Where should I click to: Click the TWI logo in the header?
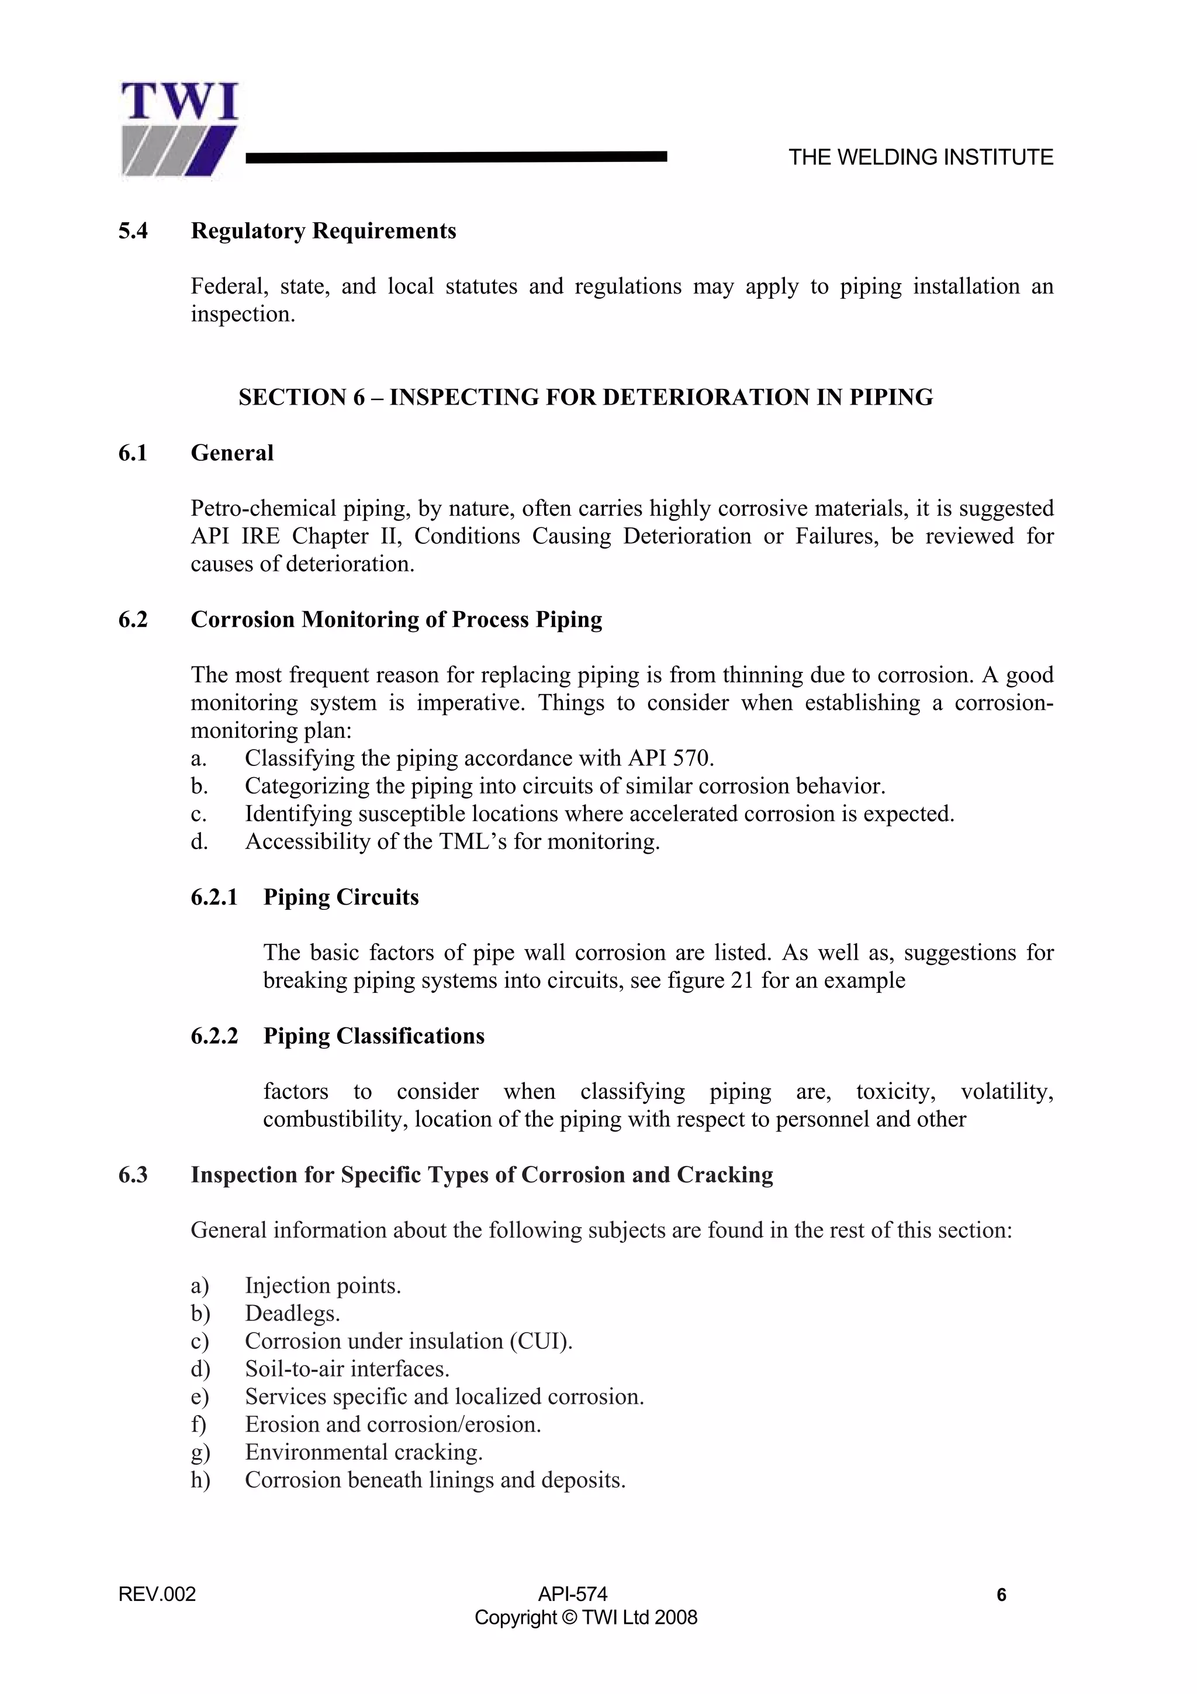[x=179, y=130]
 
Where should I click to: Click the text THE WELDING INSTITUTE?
[x=921, y=157]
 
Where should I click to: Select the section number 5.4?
[x=133, y=231]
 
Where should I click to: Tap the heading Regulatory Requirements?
[x=323, y=231]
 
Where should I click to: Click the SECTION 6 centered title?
[x=586, y=398]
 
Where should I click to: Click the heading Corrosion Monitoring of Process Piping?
[x=396, y=619]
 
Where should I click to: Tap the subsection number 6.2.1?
[x=214, y=897]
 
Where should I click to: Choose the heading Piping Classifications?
[x=373, y=1036]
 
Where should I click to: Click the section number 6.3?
[x=133, y=1175]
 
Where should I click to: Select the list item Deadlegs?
[x=292, y=1313]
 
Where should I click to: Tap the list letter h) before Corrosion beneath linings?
[x=200, y=1480]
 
